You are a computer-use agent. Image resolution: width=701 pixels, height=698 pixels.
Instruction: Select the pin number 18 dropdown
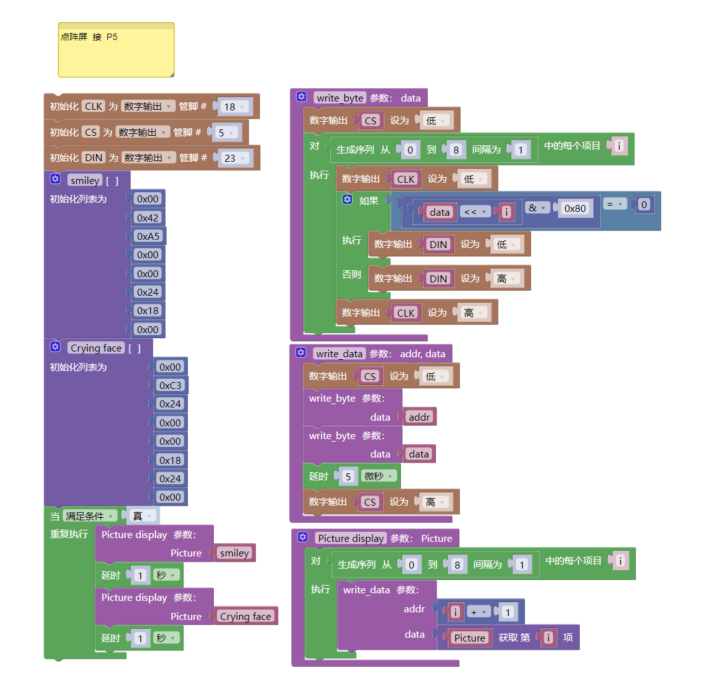click(x=233, y=107)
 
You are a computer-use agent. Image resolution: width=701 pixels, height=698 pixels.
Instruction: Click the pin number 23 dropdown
click(x=233, y=159)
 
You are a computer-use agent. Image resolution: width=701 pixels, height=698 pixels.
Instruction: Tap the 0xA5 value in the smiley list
click(x=148, y=236)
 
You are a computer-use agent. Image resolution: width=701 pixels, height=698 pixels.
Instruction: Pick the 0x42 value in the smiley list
click(x=148, y=218)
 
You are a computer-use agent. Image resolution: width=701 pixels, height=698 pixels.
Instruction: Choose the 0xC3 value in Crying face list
click(x=170, y=385)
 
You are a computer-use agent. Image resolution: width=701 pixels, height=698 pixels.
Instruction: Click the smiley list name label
click(x=85, y=181)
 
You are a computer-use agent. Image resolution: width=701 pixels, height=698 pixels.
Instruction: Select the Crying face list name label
click(x=96, y=348)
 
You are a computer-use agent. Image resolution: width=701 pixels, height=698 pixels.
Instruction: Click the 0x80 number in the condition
click(x=575, y=208)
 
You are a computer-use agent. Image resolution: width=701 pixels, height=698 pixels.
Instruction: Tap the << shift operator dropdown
click(x=475, y=212)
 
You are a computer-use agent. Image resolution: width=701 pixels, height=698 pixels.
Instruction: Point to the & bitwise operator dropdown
click(x=537, y=208)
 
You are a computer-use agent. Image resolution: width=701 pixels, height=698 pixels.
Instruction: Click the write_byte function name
click(x=339, y=98)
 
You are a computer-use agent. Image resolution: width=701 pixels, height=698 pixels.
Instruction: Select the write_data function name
click(x=339, y=354)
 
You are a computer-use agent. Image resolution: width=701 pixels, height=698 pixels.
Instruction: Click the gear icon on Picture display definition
click(x=303, y=537)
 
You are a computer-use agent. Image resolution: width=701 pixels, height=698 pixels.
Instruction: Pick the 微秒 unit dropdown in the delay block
click(x=378, y=476)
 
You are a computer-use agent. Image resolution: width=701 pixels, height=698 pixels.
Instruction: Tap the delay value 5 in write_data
click(x=348, y=477)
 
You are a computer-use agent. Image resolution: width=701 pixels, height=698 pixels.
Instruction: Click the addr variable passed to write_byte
click(x=419, y=417)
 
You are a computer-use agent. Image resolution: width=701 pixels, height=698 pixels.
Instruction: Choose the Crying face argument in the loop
click(x=246, y=616)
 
